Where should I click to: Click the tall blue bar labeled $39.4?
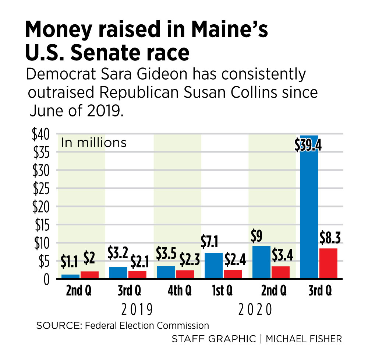(309, 214)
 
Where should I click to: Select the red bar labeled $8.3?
(328, 263)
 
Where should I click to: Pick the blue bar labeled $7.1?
(213, 266)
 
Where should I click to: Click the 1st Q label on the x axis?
(223, 291)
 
